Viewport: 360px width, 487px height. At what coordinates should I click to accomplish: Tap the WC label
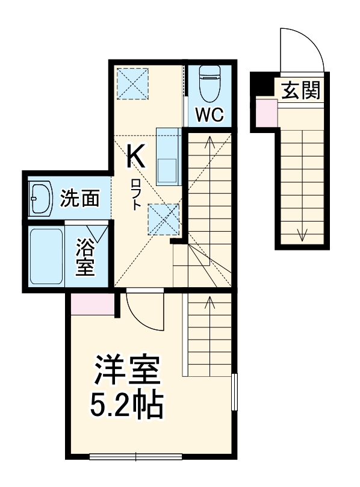(208, 114)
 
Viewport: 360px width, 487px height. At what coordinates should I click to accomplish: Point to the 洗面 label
(80, 198)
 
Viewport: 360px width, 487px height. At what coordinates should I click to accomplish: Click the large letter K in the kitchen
(135, 158)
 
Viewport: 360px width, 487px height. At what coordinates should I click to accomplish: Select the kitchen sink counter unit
(167, 156)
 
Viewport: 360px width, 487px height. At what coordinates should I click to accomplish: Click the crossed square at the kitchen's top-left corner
(132, 82)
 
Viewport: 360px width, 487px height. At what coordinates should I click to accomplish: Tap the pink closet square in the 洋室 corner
(92, 305)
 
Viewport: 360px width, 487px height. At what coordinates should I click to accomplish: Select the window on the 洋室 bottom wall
(136, 457)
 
